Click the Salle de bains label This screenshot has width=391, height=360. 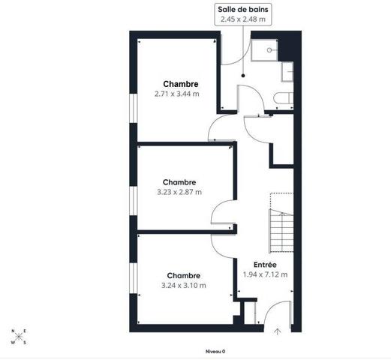point(243,10)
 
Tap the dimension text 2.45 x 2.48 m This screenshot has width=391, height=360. point(243,19)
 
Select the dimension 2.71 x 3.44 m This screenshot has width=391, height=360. point(177,94)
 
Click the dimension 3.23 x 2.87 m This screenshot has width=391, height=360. point(179,192)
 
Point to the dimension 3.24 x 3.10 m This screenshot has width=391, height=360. point(184,285)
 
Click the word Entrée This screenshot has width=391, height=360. point(265,265)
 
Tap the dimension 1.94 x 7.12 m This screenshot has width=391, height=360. point(265,274)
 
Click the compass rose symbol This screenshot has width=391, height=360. point(19,337)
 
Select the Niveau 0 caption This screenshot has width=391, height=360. point(215,352)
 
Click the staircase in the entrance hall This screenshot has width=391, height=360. point(281,231)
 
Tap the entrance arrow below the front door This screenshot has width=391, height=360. point(278,331)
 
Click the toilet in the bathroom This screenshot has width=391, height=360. point(283,98)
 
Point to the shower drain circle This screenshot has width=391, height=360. point(269,50)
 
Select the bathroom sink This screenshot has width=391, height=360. point(287,72)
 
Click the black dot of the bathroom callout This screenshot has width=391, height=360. point(243,76)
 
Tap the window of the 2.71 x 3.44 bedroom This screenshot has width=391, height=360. point(134,108)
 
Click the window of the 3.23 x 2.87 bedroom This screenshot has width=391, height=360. point(134,201)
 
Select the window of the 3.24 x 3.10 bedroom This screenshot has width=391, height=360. point(134,278)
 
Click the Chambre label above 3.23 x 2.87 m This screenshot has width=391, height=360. point(179,182)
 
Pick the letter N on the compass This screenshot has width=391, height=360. point(13,331)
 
